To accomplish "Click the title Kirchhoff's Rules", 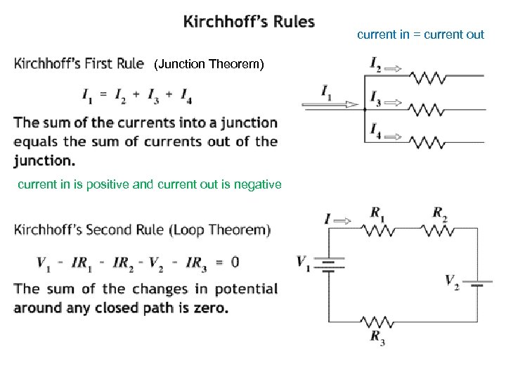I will point(249,22).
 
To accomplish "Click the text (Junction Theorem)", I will point(209,65).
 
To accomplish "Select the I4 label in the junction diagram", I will point(375,130).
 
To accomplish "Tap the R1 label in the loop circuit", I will point(377,212).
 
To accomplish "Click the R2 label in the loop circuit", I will point(440,212).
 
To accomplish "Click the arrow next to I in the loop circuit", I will point(342,220).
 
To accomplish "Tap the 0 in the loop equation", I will point(235,262).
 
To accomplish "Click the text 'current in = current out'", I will point(420,34).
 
